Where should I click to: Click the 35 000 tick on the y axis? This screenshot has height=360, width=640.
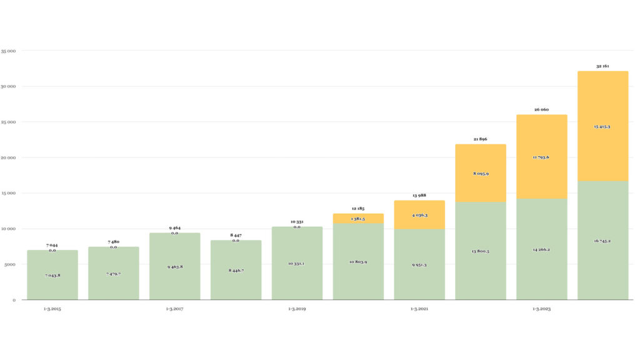pos(8,51)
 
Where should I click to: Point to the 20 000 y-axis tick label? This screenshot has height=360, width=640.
pos(8,157)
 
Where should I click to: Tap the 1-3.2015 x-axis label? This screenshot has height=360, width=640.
pos(52,309)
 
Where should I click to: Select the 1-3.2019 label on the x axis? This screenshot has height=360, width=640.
pos(297,309)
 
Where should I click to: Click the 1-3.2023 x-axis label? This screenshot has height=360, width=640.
pos(541,309)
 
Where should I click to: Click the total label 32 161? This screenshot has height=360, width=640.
pos(602,66)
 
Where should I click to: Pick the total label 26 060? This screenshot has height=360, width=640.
pos(541,110)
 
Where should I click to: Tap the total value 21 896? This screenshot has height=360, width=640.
pos(480,139)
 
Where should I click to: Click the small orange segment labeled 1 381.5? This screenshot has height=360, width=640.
pos(358,219)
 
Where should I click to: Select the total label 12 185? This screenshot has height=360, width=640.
pos(358,209)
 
